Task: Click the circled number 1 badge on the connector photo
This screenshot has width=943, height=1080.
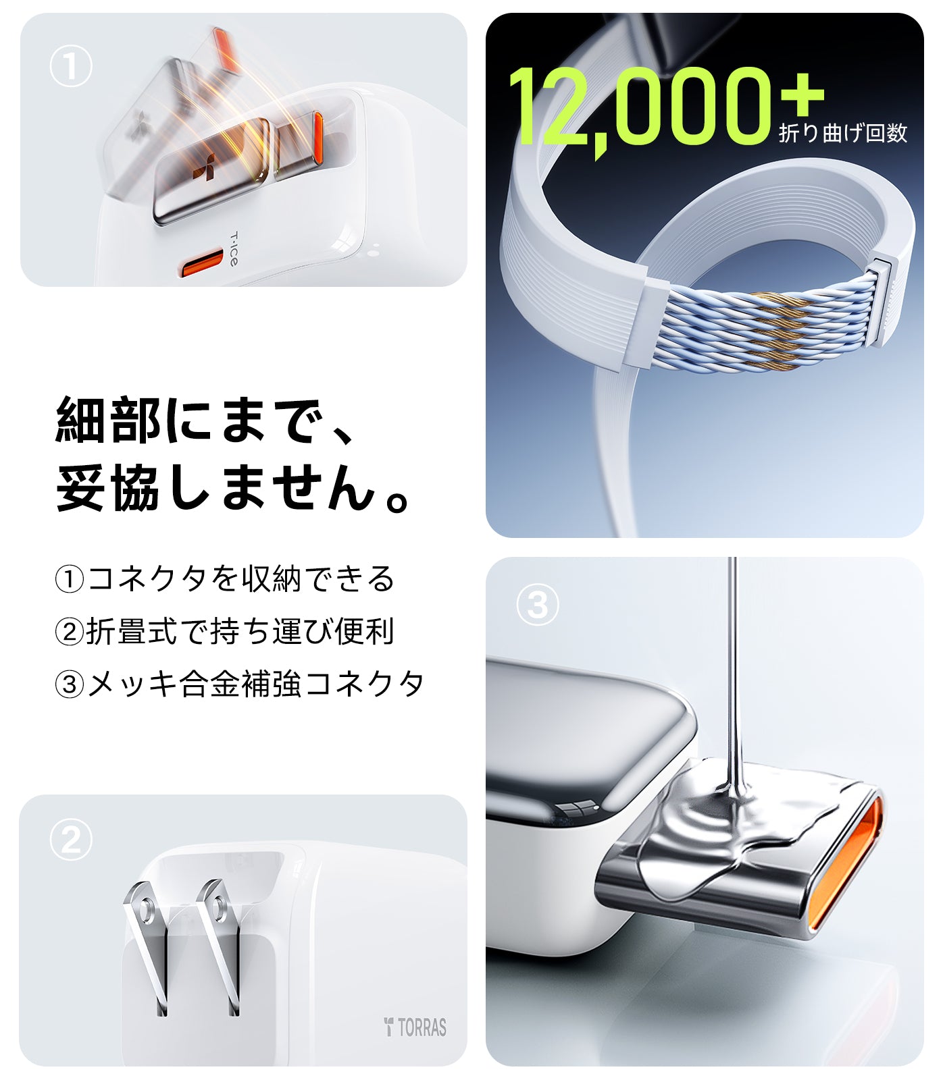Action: coord(70,67)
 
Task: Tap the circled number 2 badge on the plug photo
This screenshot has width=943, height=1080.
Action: coord(70,840)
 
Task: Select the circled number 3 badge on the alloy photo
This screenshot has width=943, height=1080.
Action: coord(537,605)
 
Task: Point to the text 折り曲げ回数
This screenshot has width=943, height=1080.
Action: coord(842,133)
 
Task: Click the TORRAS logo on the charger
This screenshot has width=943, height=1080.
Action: coord(415,1027)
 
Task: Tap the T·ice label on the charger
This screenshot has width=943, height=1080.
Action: coord(233,249)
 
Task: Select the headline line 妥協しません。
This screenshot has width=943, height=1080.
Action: coord(233,487)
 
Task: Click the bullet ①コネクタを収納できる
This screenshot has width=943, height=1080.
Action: coord(224,578)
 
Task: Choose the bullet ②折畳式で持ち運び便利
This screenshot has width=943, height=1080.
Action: coord(224,631)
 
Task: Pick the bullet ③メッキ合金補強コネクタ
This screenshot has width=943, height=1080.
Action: coord(239,684)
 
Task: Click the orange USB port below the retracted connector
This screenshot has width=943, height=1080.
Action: coord(201,263)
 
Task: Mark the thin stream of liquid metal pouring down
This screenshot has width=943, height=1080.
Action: coord(733,668)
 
